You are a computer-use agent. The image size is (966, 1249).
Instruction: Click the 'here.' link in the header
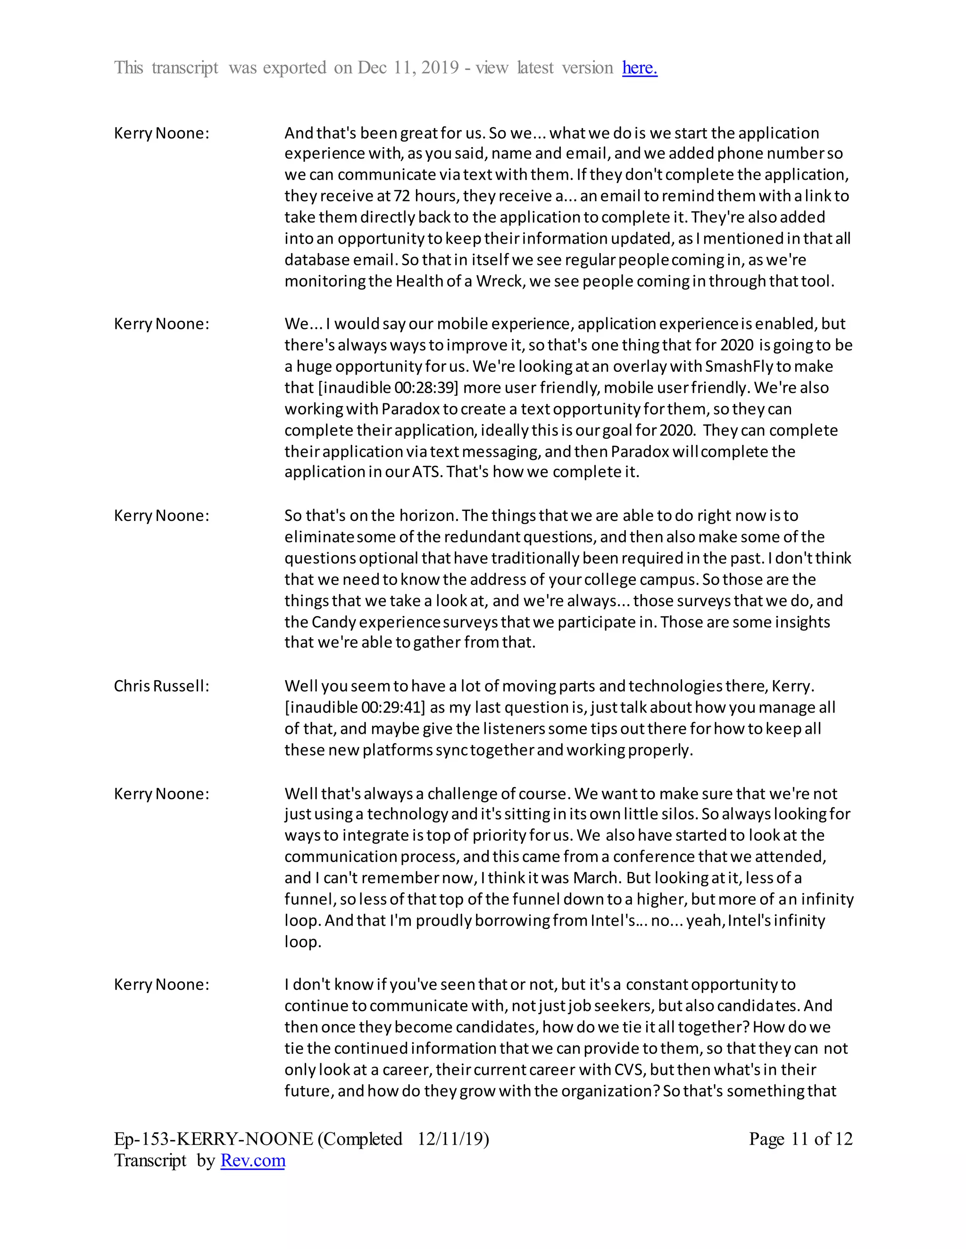pyautogui.click(x=639, y=68)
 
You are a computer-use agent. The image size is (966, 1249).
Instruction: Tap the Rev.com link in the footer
pyautogui.click(x=252, y=1160)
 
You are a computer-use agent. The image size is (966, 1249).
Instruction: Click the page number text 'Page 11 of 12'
pyautogui.click(x=800, y=1139)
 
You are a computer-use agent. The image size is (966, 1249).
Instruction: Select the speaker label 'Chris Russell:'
pyautogui.click(x=161, y=686)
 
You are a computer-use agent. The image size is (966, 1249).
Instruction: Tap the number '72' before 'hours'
pyautogui.click(x=402, y=196)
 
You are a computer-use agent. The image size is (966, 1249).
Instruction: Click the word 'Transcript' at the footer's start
pyautogui.click(x=150, y=1160)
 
